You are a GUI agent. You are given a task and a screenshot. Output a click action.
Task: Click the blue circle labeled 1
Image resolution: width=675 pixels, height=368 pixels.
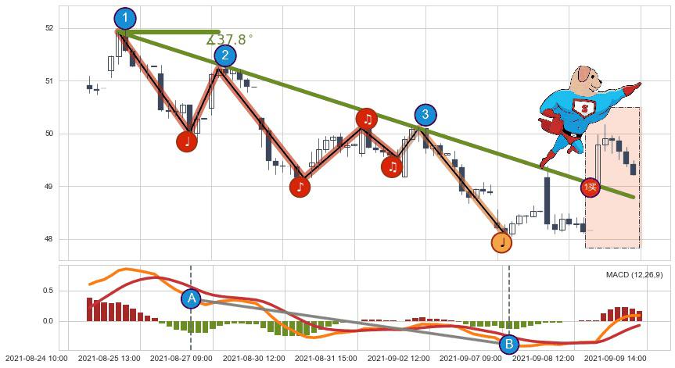point(125,18)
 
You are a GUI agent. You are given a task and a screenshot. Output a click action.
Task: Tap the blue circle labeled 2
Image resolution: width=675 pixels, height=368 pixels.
point(225,55)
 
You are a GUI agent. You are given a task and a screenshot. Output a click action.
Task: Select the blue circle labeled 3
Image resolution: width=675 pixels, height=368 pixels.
point(425,115)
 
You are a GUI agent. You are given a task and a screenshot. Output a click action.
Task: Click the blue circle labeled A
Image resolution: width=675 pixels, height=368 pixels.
point(191,298)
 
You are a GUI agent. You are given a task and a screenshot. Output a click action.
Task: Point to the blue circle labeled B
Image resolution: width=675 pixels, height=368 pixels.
point(508,344)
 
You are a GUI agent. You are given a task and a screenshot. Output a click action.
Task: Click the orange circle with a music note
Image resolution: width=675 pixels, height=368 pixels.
point(501,243)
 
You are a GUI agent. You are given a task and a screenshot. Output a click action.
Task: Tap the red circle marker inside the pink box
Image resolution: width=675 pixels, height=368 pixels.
point(591,188)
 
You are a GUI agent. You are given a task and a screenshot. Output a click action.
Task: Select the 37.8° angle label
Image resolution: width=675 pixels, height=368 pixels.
point(230,39)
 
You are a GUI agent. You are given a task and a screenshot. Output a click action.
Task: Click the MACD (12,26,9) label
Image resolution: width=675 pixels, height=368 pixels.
point(634,275)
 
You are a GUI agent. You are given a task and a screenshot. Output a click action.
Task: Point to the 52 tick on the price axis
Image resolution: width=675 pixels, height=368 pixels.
point(50,28)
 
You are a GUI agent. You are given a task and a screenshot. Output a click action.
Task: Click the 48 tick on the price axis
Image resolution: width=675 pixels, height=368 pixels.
point(50,239)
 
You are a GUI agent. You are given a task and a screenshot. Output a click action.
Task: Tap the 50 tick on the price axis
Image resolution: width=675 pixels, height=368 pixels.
point(50,134)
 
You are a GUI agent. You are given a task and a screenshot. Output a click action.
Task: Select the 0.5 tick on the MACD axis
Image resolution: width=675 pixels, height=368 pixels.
point(48,291)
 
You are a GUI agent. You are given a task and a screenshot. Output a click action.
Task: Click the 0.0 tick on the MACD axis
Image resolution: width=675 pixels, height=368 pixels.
point(48,321)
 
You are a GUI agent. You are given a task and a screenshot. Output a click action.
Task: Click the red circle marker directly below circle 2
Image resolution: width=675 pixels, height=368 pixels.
point(186,141)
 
